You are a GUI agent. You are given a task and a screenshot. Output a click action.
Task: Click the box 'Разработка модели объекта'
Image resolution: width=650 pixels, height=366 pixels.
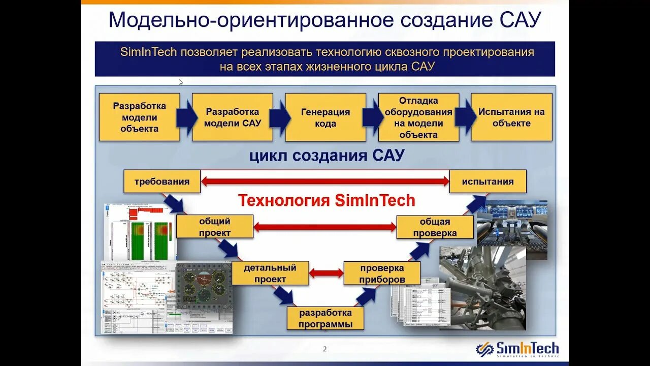pos(139,117)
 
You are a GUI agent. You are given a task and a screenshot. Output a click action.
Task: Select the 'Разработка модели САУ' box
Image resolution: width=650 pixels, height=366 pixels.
pos(232,117)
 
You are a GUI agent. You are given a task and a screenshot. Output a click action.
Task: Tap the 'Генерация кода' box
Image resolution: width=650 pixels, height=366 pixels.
pos(325,117)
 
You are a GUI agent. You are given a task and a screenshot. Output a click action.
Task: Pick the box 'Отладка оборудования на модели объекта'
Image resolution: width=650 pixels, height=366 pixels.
pos(418,117)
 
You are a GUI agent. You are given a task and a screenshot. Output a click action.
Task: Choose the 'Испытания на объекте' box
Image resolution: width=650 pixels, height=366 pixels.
pos(511,117)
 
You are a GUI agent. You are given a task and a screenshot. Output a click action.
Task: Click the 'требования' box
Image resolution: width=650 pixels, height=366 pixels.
pos(162,181)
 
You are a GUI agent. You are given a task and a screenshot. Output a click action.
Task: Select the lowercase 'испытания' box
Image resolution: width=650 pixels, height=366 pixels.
pos(487,181)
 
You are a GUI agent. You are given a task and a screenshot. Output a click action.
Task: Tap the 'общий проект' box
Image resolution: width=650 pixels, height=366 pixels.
pos(214,227)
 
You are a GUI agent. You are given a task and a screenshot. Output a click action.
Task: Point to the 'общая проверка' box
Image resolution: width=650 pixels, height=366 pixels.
pos(435,227)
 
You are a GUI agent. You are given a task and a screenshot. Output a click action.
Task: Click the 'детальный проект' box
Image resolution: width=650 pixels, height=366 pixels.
pos(270,273)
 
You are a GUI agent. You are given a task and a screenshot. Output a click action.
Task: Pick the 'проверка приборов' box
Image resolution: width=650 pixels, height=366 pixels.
pos(382,273)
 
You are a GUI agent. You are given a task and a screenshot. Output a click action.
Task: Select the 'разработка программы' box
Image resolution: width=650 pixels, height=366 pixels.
pos(326,319)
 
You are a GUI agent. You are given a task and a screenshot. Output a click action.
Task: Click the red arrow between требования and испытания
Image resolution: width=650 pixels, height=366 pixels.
pos(325,180)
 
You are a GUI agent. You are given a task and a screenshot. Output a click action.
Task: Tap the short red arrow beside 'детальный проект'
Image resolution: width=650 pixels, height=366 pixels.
pos(326,273)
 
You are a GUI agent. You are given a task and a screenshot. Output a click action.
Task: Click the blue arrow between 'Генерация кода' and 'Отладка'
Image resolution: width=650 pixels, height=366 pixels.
pos(372,117)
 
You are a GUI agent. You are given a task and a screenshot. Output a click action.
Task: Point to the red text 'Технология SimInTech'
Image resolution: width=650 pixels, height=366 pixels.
pos(327,201)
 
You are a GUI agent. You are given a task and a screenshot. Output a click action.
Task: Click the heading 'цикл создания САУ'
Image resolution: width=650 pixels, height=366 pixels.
pos(327,156)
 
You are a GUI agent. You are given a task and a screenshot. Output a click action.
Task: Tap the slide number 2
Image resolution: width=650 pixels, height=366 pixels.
pos(325,349)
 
